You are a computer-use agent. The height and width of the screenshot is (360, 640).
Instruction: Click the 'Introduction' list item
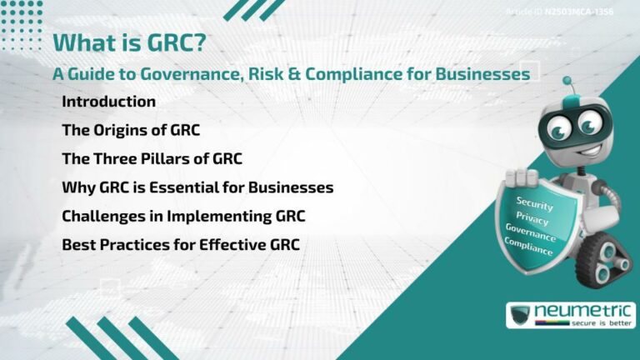pos(108,102)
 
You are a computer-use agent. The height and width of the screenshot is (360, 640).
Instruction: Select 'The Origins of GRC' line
pos(131,130)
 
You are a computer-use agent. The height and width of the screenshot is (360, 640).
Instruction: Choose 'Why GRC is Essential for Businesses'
pos(197,187)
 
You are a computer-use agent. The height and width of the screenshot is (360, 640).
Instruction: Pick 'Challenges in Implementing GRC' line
pos(183,216)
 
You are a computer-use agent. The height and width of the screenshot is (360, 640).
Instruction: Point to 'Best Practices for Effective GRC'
pos(181,244)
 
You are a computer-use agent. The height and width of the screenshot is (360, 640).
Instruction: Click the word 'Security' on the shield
pos(534,202)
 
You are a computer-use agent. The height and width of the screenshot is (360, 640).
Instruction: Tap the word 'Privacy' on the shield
pos(532,219)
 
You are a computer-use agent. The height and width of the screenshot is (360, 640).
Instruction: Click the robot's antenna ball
pos(567,82)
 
